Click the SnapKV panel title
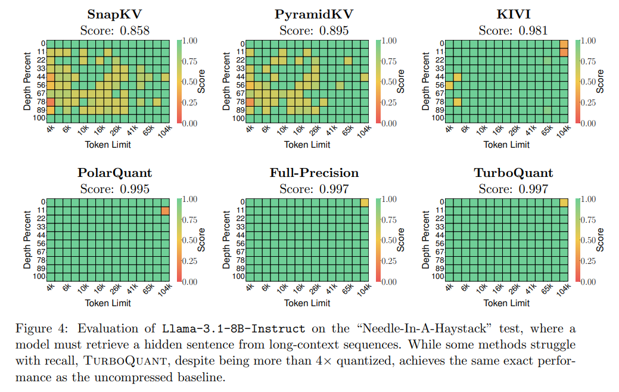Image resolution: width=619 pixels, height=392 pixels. coord(114,14)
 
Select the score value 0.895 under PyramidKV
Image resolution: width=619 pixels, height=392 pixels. coord(334,30)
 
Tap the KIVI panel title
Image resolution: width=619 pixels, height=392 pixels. coord(513,14)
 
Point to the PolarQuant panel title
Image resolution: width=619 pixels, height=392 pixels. coord(114,173)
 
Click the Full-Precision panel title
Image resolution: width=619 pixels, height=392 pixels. coord(314,173)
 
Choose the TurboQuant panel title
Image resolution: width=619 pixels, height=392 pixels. coord(513,173)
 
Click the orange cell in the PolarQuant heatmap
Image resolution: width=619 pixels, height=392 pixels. coord(166,211)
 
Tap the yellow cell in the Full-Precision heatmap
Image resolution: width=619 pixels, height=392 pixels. coord(365,203)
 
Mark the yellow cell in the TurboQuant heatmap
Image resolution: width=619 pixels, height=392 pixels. coord(564,203)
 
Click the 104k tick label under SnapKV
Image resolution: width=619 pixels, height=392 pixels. coord(165,132)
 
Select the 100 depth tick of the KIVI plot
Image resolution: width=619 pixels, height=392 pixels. coord(438,117)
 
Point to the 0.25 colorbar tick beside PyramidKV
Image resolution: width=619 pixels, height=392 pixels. coord(388,102)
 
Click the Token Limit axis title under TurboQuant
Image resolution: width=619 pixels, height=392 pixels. coord(506,303)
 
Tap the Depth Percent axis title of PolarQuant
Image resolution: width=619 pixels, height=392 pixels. coord(27,239)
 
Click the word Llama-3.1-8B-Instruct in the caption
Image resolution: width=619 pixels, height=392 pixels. coord(234,328)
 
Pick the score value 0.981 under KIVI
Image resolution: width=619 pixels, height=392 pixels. coord(533,30)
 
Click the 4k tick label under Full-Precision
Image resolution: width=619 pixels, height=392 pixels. coord(250,287)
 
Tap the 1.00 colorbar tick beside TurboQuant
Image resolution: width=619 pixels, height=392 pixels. coord(588,200)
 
